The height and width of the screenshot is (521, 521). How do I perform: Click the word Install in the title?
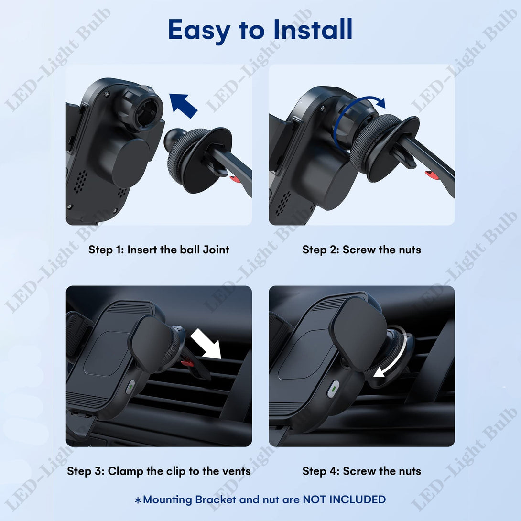point(313,29)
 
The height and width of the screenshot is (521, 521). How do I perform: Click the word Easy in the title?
point(199,31)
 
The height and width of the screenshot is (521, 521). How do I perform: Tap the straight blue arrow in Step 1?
point(183,105)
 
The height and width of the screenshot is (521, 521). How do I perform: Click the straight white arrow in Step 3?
point(206,344)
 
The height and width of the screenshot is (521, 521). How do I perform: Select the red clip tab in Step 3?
point(187,362)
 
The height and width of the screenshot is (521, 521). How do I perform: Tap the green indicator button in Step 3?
point(130,387)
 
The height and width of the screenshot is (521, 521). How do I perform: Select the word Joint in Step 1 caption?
point(216,250)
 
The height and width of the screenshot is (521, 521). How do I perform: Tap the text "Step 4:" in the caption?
point(321,471)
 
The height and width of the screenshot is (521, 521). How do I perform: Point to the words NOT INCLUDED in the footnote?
point(344,499)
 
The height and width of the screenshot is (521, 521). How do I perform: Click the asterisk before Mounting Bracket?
point(138,500)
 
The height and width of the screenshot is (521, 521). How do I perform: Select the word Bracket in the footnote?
point(215,499)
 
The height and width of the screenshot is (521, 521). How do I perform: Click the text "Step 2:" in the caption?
point(321,250)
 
